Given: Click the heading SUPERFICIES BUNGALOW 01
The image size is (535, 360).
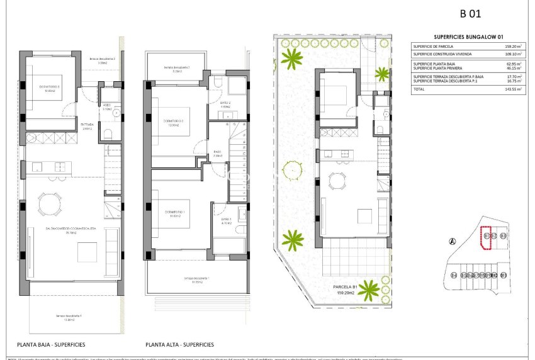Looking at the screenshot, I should click(469, 37).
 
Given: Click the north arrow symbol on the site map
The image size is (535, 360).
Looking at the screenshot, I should click(451, 242).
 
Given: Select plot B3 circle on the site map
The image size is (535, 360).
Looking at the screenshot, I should click(503, 235).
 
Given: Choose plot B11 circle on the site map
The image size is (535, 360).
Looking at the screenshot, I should click(504, 275).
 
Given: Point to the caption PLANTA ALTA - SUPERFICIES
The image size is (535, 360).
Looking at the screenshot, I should click(179, 344).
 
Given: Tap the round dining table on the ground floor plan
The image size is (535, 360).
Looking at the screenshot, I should click(48, 203).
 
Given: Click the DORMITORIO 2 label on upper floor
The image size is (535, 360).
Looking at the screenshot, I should click(172, 121).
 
